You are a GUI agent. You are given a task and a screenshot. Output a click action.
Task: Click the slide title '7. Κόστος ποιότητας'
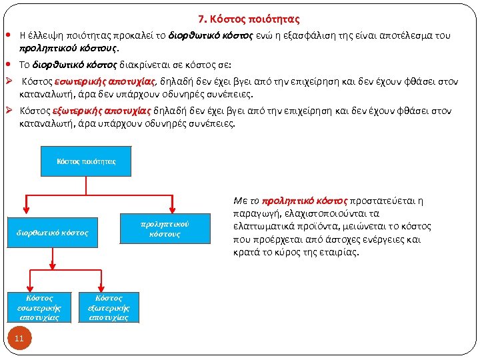click(x=249, y=19)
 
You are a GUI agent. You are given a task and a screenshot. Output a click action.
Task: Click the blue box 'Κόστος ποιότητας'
click(x=86, y=161)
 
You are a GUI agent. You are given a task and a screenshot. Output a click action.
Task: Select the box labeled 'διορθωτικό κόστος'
click(x=52, y=233)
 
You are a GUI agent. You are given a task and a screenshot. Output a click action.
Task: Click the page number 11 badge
click(x=19, y=339)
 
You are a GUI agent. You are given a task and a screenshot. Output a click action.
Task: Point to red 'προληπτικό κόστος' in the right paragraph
click(x=305, y=200)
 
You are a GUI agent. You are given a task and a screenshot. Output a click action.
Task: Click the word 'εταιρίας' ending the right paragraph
click(x=339, y=252)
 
